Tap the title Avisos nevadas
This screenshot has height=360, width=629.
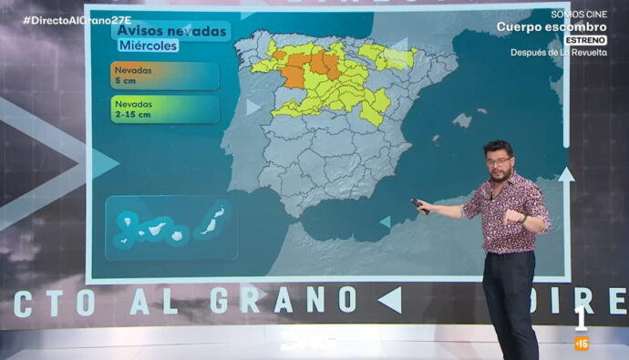[x=170, y=32]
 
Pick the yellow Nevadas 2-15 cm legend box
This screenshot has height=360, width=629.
[x=164, y=109]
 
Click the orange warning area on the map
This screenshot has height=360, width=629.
[x=306, y=67]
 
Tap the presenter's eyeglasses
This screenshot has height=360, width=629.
[x=499, y=161]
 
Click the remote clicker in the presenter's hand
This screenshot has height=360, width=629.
[x=419, y=205]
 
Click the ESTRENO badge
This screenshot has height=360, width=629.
[x=585, y=40]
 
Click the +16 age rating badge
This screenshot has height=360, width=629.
[x=581, y=344]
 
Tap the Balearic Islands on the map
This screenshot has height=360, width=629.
[x=462, y=119]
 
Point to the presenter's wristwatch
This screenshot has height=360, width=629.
[x=521, y=217]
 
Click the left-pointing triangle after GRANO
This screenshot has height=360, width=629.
[x=389, y=299]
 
